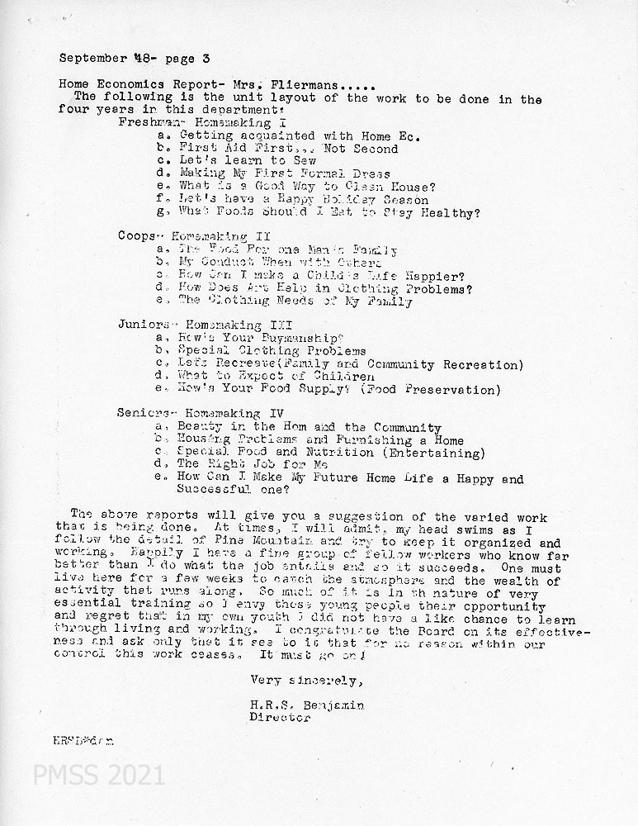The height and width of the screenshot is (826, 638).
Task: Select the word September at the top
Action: [x=92, y=59]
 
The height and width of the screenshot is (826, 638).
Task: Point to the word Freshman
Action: [x=145, y=121]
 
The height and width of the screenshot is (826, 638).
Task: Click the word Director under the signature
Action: [x=280, y=718]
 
